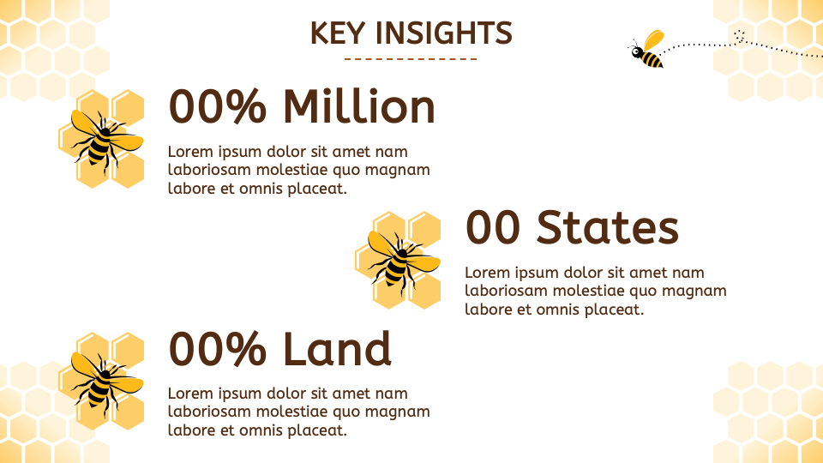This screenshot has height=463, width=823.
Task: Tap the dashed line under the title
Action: click(411, 59)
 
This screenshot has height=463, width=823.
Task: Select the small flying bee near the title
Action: click(648, 50)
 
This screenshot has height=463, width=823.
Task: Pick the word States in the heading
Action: click(608, 227)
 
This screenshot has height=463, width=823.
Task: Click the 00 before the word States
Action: click(493, 227)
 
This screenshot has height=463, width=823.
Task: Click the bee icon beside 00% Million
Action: click(101, 138)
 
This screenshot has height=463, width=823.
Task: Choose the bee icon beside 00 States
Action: click(397, 259)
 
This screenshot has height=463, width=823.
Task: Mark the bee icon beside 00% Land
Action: click(101, 380)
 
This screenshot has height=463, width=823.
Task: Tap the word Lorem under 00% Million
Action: click(189, 152)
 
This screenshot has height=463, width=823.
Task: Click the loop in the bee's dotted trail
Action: click(739, 36)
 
